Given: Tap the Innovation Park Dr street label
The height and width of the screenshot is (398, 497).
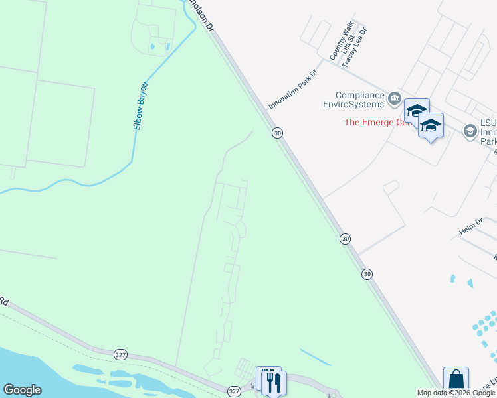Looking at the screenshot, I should (293, 90).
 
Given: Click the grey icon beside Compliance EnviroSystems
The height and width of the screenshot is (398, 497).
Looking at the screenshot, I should (394, 99).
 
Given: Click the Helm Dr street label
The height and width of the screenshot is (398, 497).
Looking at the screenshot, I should (470, 227).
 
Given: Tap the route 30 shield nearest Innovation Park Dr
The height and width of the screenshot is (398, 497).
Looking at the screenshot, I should (278, 133).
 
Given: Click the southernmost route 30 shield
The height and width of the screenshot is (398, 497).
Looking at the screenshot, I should (367, 273).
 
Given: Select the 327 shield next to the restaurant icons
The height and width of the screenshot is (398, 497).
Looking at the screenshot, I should (234, 391).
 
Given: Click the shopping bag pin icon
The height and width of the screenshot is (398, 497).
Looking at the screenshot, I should (456, 380).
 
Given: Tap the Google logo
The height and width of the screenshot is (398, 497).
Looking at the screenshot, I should (22, 390).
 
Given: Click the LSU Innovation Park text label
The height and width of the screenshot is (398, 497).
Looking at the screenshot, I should (488, 132).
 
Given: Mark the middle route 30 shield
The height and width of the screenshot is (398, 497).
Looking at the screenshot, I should (344, 238).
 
